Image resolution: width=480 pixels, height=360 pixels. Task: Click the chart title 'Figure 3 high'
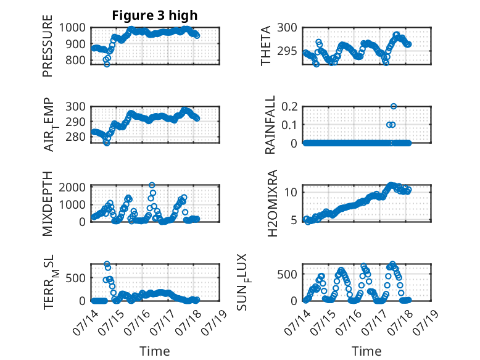(155, 15)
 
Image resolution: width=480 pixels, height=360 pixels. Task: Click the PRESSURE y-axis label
(48, 46)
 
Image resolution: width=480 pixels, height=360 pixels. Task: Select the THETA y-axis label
(266, 46)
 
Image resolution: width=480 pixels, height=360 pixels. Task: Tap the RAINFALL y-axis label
(270, 124)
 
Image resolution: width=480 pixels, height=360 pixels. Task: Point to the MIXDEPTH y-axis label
(48, 203)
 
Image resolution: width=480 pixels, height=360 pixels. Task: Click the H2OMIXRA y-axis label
(272, 203)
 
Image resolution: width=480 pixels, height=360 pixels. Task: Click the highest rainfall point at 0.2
(394, 106)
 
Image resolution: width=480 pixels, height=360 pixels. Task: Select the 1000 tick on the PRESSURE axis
(72, 28)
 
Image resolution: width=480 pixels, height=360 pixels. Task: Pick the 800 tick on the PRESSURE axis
(75, 60)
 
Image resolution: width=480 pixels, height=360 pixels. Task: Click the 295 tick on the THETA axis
(287, 51)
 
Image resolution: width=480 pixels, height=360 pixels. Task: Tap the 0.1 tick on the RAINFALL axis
(289, 125)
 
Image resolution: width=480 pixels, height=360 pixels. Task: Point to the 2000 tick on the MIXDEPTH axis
(72, 187)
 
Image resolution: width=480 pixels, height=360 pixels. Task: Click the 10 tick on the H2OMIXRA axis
(291, 193)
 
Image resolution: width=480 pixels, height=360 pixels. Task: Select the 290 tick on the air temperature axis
(75, 122)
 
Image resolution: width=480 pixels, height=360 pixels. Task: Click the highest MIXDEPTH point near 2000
(152, 185)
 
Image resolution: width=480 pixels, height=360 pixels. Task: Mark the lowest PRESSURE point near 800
(107, 64)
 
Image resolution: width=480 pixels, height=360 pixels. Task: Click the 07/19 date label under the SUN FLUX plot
(426, 322)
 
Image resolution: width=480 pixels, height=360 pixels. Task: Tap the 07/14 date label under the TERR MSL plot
(85, 322)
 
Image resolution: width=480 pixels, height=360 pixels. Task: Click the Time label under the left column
(155, 351)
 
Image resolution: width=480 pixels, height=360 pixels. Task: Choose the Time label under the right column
(366, 351)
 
